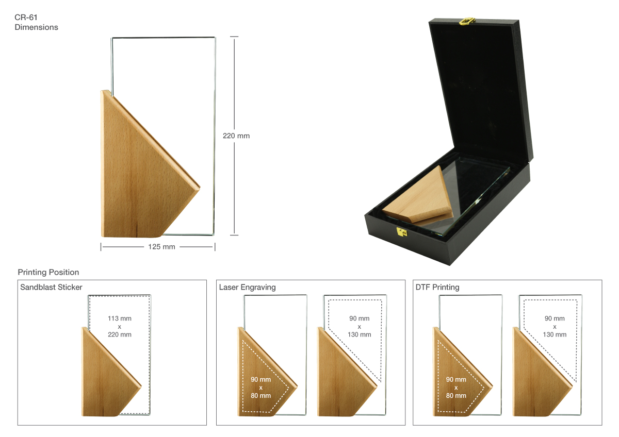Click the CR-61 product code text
tap(26, 18)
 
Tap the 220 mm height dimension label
tap(236, 136)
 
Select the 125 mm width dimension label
tap(161, 247)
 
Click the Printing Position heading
tap(48, 272)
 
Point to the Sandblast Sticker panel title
tap(51, 287)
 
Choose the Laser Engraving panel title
tap(247, 287)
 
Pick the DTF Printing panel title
tap(437, 287)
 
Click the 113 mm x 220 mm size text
tap(120, 326)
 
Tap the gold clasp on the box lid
tap(467, 21)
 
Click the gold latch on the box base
tap(401, 232)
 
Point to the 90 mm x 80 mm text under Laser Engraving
tap(261, 388)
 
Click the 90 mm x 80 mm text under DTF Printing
tap(456, 388)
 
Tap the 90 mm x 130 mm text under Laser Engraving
tap(359, 326)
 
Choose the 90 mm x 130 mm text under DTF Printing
tap(555, 326)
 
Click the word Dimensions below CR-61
tap(36, 27)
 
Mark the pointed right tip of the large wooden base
tap(200, 188)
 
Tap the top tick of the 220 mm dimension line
tap(234, 37)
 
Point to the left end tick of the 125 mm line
tap(101, 247)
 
